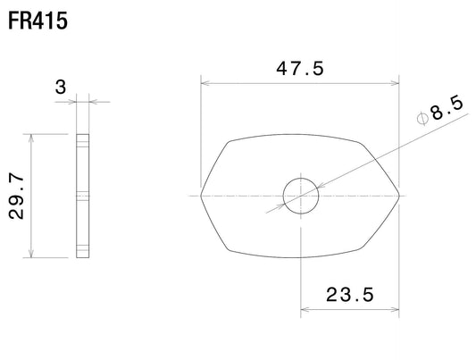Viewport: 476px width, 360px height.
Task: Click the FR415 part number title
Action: tap(38, 21)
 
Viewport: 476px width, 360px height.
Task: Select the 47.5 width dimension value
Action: tap(300, 68)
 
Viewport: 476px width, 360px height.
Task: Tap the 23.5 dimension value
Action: tap(350, 295)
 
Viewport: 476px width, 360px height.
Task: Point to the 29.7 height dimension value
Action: tap(16, 197)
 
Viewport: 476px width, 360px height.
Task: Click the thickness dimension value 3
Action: tap(61, 87)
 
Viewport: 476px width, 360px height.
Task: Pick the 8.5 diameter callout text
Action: tap(447, 108)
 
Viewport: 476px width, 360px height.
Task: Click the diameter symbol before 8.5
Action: tap(422, 119)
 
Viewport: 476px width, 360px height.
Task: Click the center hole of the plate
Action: tap(301, 197)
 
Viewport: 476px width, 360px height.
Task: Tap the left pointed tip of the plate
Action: tap(201, 196)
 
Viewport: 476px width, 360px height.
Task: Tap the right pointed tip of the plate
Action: tap(399, 196)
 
